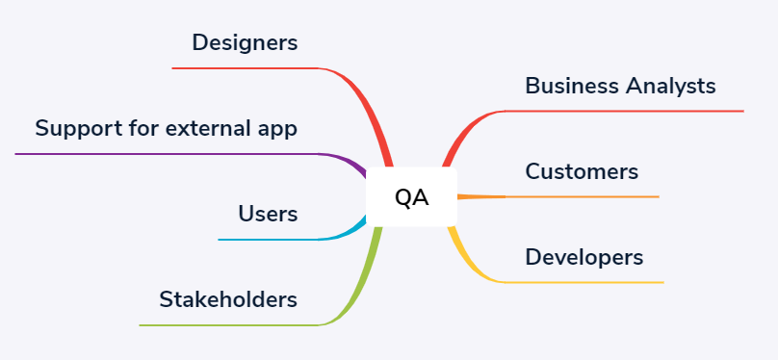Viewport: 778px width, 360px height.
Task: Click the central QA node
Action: coord(411,197)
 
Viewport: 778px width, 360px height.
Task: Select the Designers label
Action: coord(246,43)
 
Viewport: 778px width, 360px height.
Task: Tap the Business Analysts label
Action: coord(620,86)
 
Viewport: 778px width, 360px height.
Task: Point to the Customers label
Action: coord(582,171)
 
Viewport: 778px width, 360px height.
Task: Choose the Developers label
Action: coord(584,258)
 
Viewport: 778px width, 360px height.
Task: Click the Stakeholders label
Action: coord(228,299)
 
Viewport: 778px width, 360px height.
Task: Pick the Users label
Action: coord(268,215)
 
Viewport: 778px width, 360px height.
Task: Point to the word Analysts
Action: coord(670,87)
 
